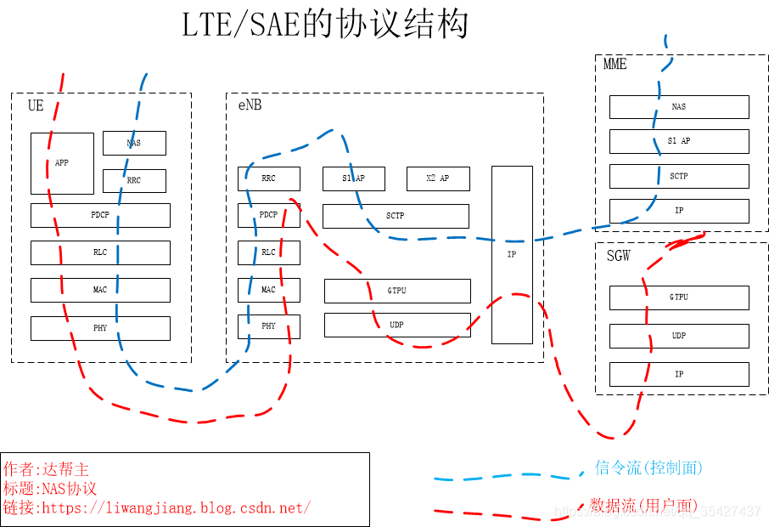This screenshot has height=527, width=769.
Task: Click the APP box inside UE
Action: tap(62, 163)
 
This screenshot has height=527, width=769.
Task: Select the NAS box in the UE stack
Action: tap(134, 143)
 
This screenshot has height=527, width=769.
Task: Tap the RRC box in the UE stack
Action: tap(134, 181)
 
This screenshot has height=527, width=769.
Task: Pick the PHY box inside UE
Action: tap(100, 328)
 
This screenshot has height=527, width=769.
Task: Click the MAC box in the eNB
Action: tap(268, 290)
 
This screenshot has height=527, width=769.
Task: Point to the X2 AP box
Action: tap(438, 178)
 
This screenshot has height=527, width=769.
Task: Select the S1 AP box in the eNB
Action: tap(354, 178)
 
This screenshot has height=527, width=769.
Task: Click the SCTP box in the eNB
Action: tap(396, 216)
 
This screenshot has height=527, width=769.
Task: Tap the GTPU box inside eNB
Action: tap(397, 291)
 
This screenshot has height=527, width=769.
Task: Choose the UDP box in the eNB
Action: tap(397, 325)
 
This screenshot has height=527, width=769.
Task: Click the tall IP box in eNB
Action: tap(512, 254)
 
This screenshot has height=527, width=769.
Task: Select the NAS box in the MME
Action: tap(679, 107)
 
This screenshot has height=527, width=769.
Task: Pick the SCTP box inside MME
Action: tap(679, 176)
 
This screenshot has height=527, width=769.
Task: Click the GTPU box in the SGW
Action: tap(679, 297)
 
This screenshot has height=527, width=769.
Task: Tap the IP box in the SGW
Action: tap(679, 374)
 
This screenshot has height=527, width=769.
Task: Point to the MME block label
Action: tap(615, 65)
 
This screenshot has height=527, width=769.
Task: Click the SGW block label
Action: tap(619, 256)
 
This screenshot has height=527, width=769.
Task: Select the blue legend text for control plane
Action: tap(648, 467)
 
